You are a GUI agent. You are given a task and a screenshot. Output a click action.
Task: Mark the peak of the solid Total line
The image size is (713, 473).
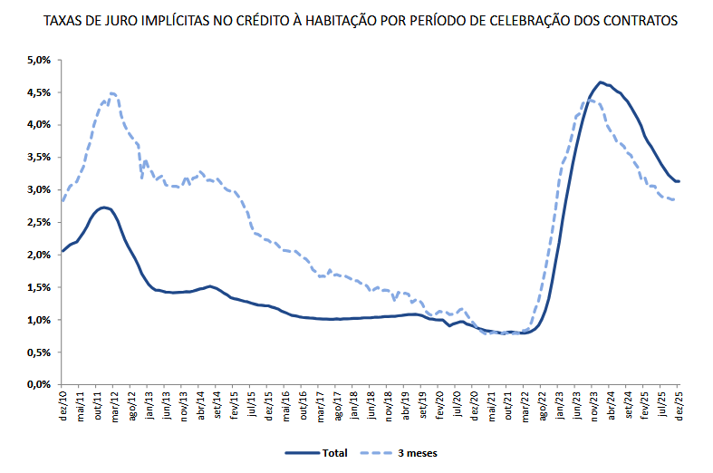pyautogui.click(x=600, y=82)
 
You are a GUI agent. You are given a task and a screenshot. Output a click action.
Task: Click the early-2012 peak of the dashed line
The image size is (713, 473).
pyautogui.click(x=111, y=93)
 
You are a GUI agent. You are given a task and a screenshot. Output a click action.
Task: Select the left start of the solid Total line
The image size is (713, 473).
pyautogui.click(x=62, y=251)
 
